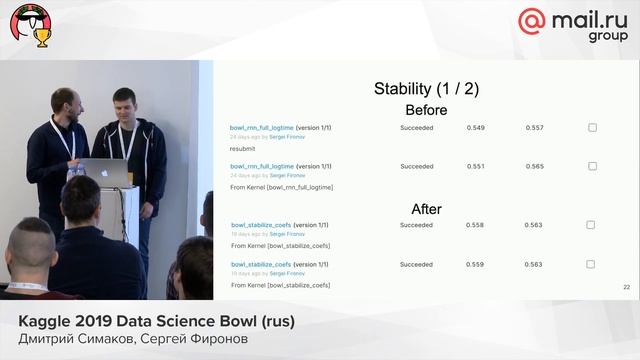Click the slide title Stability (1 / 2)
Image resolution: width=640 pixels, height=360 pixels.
[x=425, y=89]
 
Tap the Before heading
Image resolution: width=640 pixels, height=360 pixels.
[x=426, y=110]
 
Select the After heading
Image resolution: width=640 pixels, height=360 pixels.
[x=427, y=209]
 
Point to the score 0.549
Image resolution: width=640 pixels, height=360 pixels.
[x=475, y=128]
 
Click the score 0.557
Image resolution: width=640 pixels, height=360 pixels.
[x=534, y=128]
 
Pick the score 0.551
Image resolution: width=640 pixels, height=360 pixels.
[x=475, y=166]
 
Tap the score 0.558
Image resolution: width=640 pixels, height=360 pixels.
[x=475, y=226]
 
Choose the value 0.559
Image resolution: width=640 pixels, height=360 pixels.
[x=475, y=264]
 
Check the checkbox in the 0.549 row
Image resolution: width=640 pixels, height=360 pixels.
[x=592, y=128]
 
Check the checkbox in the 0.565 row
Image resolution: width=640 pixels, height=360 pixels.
[x=592, y=166]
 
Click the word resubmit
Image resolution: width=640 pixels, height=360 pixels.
[x=243, y=148]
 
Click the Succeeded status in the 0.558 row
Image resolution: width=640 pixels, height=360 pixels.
[x=416, y=226]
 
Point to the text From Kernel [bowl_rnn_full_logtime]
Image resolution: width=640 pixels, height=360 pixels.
[x=281, y=187]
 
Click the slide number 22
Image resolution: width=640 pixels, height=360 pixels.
[x=625, y=287]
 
